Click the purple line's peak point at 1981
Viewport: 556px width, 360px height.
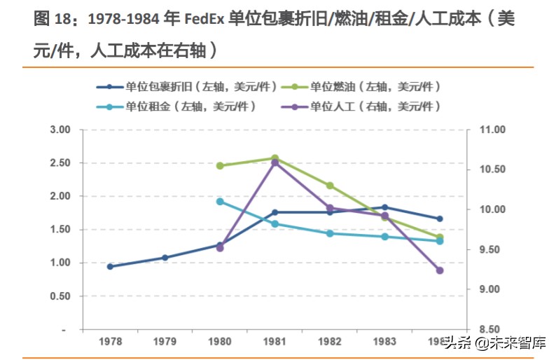click(274, 162)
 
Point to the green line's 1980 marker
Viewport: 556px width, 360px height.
click(220, 166)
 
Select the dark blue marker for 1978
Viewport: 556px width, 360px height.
click(110, 267)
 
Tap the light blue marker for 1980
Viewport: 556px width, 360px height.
click(220, 202)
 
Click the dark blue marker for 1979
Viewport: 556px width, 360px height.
click(165, 258)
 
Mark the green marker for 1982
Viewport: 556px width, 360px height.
click(330, 186)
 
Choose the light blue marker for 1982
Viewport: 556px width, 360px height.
click(330, 233)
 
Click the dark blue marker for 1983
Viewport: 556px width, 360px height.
click(384, 207)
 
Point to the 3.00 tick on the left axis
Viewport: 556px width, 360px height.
click(61, 130)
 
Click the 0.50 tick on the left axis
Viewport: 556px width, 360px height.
click(61, 296)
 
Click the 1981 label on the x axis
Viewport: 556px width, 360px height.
click(274, 342)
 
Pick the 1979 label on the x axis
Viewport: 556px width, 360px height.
click(165, 342)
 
